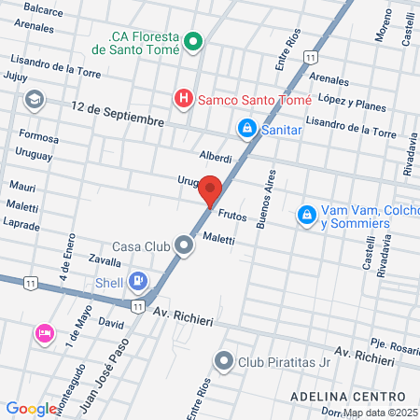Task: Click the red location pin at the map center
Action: (210, 189)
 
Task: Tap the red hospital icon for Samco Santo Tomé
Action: (184, 97)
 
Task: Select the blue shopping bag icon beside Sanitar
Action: (246, 128)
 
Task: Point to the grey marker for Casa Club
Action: (184, 246)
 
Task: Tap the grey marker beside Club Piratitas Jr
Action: (224, 360)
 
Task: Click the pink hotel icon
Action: (44, 333)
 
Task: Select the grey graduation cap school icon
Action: (35, 98)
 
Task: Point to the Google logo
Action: (31, 408)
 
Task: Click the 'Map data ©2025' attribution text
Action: (380, 413)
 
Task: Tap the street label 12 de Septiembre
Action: (118, 114)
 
